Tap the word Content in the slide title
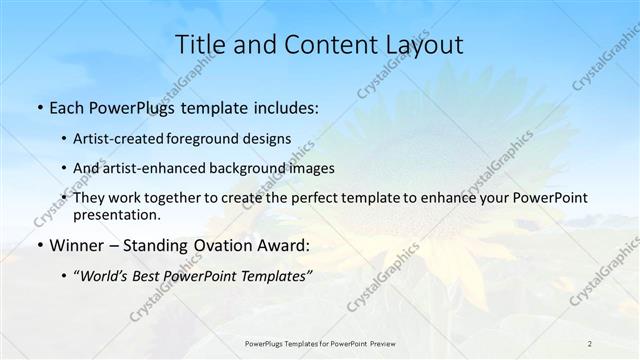321,45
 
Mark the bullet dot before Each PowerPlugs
38,106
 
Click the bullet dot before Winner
38,246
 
